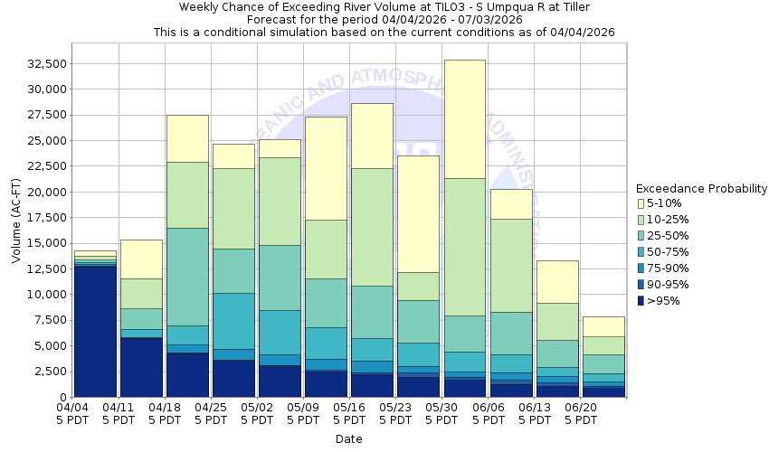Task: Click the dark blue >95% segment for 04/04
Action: click(95, 331)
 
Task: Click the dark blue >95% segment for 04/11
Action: click(141, 367)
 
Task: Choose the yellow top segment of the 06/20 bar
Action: click(603, 326)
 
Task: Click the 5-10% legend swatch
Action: click(641, 203)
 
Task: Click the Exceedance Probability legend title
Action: click(701, 189)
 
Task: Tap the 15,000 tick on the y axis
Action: click(47, 243)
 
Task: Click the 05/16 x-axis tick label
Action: click(350, 414)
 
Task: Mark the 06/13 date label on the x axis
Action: click(535, 414)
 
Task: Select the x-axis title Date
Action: click(348, 439)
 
